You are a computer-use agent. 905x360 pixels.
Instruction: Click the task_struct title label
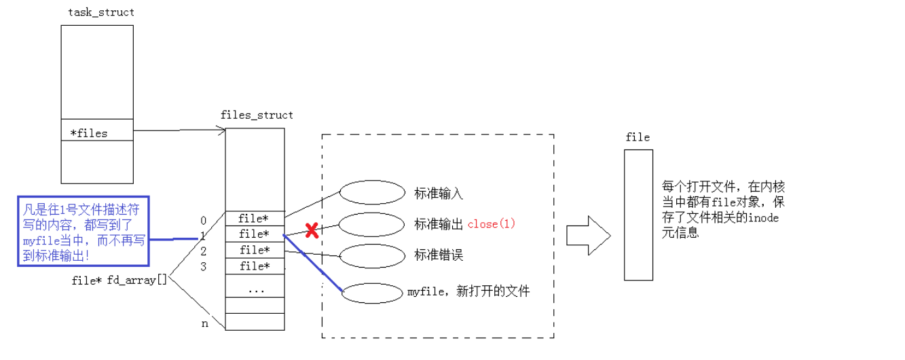pos(101,12)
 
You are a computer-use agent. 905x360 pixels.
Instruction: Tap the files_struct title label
pos(257,115)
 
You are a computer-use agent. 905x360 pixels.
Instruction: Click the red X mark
pos(312,230)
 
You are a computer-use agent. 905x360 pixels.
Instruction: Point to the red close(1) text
pos(492,223)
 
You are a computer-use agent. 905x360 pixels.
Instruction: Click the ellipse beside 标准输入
pos(372,192)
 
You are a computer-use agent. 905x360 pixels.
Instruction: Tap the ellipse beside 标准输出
pos(372,223)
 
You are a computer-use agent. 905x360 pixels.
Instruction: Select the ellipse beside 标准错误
pos(372,255)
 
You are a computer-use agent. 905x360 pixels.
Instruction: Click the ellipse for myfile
pos(372,293)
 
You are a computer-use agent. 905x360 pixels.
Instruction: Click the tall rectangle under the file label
pos(638,215)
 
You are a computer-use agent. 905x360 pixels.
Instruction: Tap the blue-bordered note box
pos(83,232)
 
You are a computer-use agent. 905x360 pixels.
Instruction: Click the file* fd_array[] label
pos(119,281)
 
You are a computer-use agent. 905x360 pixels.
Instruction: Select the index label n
pos(205,324)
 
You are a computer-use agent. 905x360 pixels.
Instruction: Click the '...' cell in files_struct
pos(255,290)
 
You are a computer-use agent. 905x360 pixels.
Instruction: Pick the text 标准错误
pos(439,255)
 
